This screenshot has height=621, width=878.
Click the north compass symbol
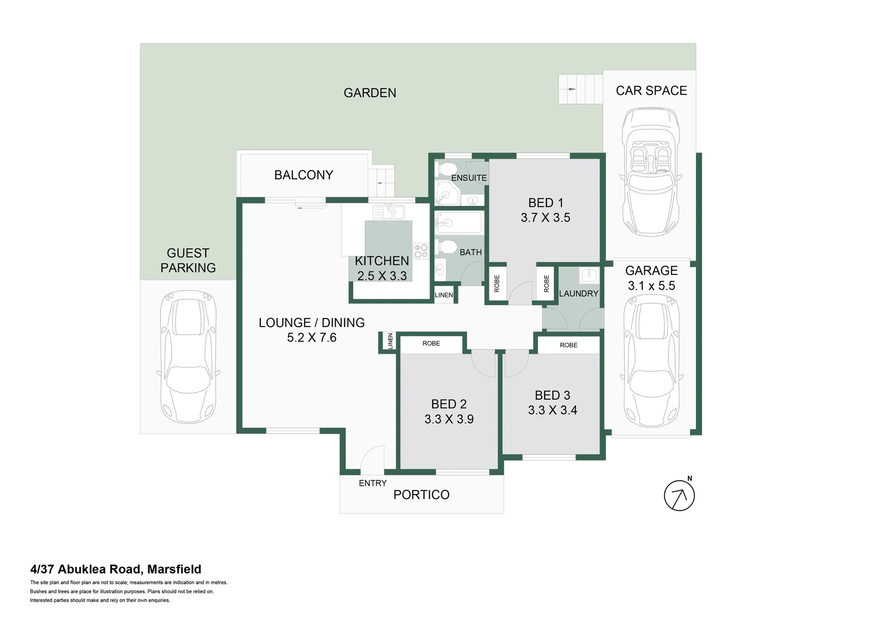click(679, 495)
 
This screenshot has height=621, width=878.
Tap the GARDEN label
click(369, 93)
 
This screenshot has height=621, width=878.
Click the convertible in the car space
click(651, 172)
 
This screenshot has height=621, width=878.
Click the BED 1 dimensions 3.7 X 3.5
click(545, 218)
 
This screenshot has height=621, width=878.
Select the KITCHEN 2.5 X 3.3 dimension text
click(382, 276)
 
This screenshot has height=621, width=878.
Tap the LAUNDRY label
click(578, 293)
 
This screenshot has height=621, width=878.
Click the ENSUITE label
click(469, 178)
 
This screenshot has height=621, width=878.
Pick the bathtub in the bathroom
click(459, 222)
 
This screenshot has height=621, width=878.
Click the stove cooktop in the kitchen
click(421, 251)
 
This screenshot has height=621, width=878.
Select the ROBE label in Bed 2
click(431, 343)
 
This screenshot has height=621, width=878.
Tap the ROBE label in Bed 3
click(568, 345)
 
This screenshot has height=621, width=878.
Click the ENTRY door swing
click(372, 459)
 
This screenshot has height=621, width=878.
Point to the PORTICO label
click(421, 494)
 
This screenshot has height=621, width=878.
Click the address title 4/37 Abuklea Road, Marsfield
click(115, 569)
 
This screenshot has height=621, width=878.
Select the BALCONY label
click(303, 175)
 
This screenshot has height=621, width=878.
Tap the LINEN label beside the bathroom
click(444, 295)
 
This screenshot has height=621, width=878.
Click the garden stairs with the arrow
click(580, 89)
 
